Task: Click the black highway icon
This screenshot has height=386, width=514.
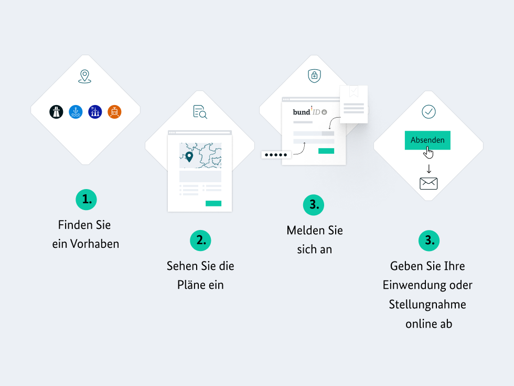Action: [56, 112]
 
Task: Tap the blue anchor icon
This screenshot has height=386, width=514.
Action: [76, 112]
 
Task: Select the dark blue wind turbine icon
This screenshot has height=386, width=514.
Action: [95, 112]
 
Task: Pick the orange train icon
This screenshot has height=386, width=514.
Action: [114, 112]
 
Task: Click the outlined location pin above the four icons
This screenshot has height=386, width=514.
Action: [84, 77]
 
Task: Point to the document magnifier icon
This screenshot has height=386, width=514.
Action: [200, 112]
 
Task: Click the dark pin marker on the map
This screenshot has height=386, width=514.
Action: [189, 157]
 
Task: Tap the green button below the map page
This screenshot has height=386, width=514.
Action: [213, 204]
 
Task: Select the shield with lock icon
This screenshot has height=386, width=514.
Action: [314, 76]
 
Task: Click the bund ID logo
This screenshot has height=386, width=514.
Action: [310, 111]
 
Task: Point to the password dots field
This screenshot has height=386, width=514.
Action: [276, 154]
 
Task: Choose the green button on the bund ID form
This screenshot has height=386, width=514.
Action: [326, 151]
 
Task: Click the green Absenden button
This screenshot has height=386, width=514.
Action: [427, 140]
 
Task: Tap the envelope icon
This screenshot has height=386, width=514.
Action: [429, 183]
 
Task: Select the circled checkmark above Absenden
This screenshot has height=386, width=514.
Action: [429, 111]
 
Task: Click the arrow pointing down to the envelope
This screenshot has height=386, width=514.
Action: [429, 169]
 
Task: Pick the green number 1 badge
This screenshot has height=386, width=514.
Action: [86, 199]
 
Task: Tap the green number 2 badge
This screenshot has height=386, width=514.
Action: [200, 241]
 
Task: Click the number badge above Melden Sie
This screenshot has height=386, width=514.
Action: [314, 205]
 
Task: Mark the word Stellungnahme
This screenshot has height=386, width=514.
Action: [427, 305]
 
